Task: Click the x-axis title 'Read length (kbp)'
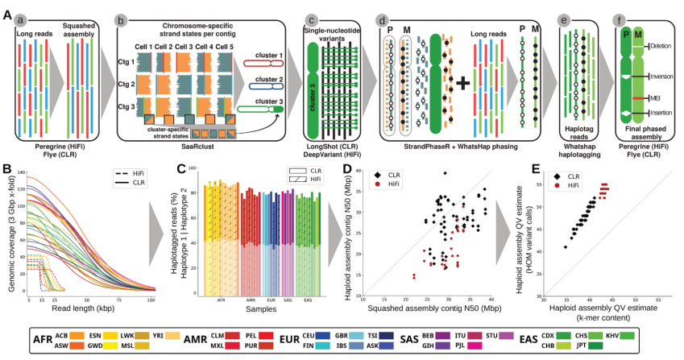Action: (81, 307)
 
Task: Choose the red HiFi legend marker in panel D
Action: (378, 184)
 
